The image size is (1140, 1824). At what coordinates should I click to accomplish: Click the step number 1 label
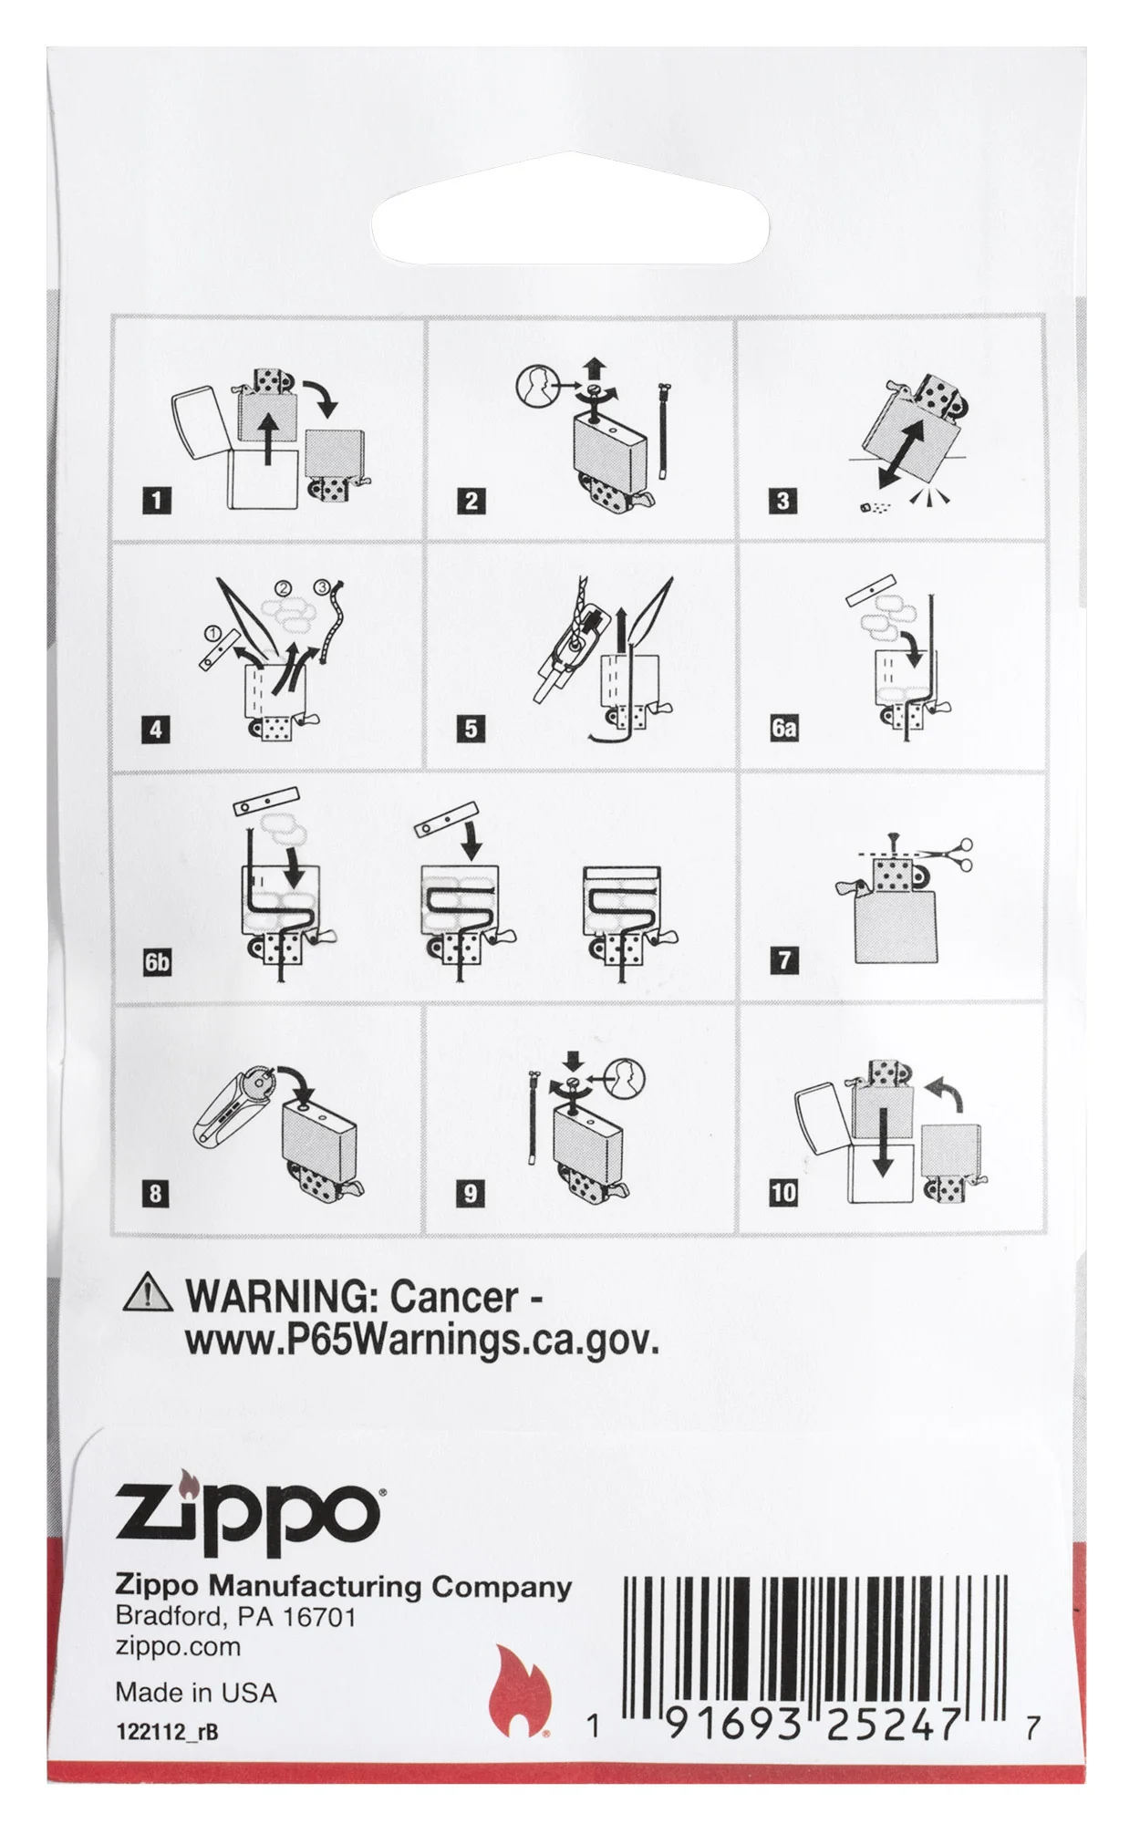tap(157, 501)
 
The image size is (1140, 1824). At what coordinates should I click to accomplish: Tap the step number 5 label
tap(471, 729)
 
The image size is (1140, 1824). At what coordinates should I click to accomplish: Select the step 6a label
tap(783, 728)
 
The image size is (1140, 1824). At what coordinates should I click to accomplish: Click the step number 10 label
tap(783, 1192)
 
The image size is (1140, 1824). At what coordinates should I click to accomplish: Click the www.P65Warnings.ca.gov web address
tap(421, 1342)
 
